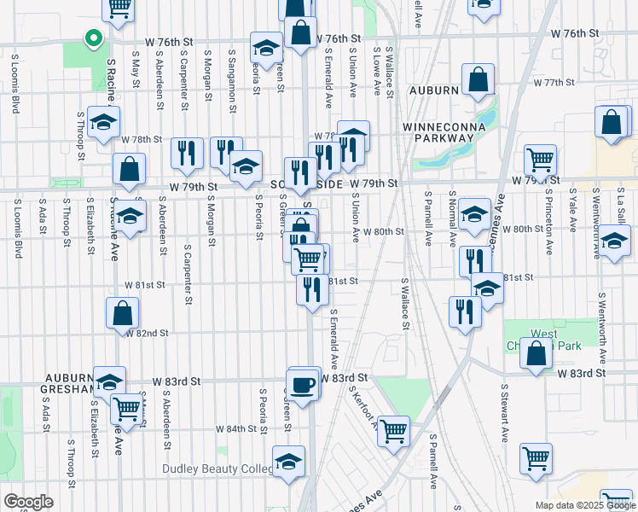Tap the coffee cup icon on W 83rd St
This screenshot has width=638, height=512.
click(x=303, y=385)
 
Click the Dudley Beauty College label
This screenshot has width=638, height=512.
click(x=218, y=469)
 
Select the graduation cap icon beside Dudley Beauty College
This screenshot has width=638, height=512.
click(x=289, y=463)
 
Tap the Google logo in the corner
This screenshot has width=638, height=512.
click(x=27, y=502)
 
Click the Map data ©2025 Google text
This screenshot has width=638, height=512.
click(x=585, y=505)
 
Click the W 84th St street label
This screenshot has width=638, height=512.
click(x=235, y=428)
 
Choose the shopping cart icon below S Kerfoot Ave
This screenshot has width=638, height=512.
click(x=393, y=432)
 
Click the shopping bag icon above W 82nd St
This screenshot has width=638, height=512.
click(x=123, y=313)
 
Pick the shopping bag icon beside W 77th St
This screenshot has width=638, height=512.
click(x=478, y=81)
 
